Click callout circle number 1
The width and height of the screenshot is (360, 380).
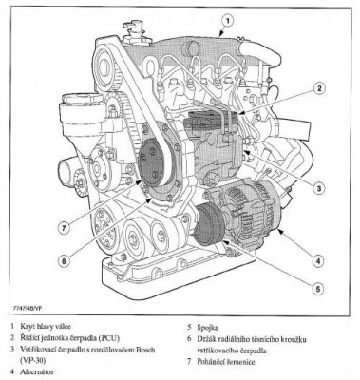click(227, 22)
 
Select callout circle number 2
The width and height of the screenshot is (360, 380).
click(319, 88)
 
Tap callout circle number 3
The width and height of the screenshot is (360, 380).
click(319, 188)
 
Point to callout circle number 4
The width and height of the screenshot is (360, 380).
click(318, 261)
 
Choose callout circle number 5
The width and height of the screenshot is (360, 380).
click(317, 289)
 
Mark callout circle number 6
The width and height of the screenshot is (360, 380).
click(64, 260)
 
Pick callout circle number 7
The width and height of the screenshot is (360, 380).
click(65, 227)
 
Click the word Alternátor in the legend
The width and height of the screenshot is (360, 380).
click(37, 371)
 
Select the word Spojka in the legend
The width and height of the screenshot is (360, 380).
click(207, 328)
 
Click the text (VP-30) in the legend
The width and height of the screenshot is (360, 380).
click(30, 360)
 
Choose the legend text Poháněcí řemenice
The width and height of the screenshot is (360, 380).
click(226, 362)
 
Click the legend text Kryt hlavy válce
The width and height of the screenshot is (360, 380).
click(46, 326)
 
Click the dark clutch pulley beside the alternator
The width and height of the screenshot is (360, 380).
click(209, 224)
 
